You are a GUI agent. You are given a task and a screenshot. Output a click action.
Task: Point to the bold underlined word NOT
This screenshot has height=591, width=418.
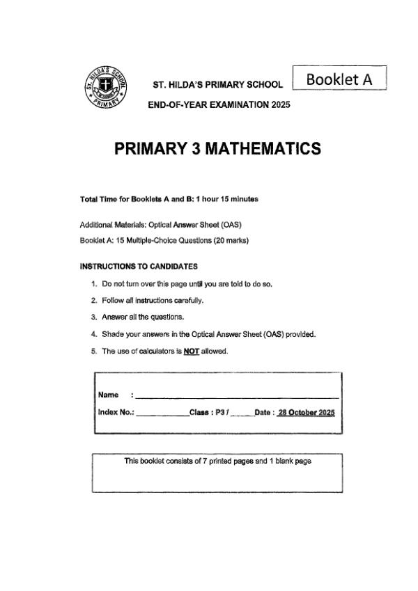coord(192,351)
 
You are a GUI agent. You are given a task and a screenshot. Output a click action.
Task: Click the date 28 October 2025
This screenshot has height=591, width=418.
coord(307,412)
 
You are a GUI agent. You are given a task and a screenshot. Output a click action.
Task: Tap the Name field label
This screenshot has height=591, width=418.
coord(108,395)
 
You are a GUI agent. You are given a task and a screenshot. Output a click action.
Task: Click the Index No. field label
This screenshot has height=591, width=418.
coord(116,412)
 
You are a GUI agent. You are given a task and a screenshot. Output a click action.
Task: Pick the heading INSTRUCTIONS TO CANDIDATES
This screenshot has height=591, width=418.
coord(139,266)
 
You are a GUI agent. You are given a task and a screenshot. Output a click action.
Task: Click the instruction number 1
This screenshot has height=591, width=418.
coord(94,284)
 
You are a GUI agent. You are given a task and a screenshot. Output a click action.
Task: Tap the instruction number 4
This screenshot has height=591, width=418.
coord(94,334)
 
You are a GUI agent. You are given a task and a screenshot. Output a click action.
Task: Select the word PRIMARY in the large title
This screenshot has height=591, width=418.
coord(146,148)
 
